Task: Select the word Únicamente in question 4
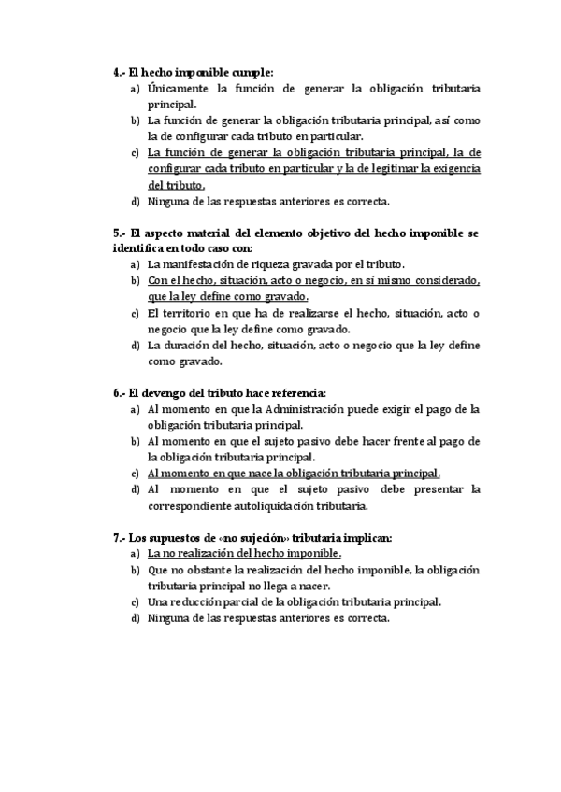[178, 90]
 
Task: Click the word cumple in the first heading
[250, 72]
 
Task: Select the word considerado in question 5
[445, 280]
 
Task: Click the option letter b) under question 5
[136, 280]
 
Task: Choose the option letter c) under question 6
[136, 474]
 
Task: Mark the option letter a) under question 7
[136, 554]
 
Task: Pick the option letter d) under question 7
[136, 618]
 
